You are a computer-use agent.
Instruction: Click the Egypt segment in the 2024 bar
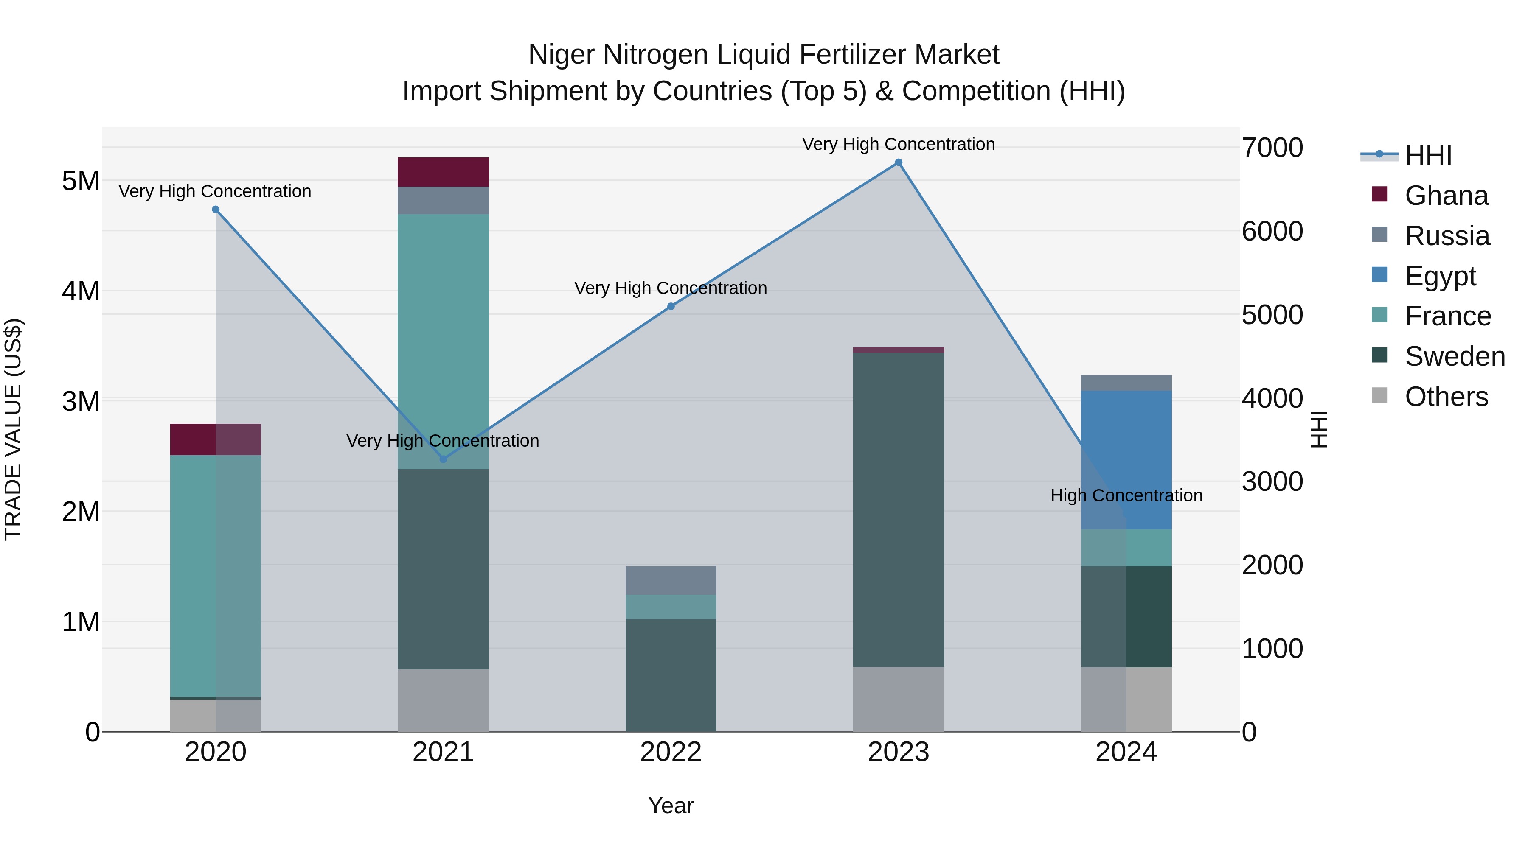click(1126, 459)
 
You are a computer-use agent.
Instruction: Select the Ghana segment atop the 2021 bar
click(443, 172)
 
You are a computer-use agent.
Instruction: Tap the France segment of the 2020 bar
click(215, 575)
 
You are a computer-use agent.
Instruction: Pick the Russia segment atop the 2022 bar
click(671, 580)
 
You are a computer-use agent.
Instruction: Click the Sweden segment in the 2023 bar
click(898, 510)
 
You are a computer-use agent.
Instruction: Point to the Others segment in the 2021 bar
click(443, 700)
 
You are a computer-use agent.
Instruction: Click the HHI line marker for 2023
click(898, 162)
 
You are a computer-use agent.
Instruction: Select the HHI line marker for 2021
click(443, 459)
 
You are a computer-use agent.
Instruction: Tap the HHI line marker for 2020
click(215, 209)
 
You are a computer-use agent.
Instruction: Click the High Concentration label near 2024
click(1126, 495)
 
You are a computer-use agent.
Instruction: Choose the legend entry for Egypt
click(1440, 276)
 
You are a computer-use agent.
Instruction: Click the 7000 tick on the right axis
click(1272, 148)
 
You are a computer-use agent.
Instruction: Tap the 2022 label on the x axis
click(671, 752)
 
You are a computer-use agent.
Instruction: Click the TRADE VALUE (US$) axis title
click(14, 429)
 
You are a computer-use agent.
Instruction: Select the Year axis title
click(671, 806)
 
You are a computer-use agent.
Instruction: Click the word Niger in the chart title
click(561, 55)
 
